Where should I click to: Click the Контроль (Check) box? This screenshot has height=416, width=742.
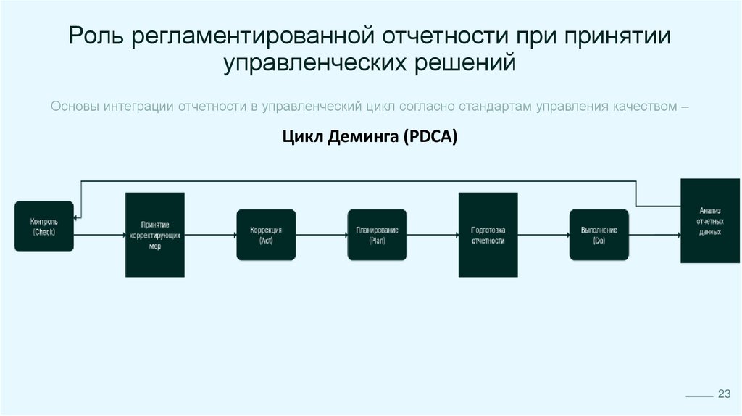point(43,227)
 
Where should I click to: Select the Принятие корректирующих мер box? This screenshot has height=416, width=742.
point(155,235)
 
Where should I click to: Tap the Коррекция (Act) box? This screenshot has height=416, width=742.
point(266,235)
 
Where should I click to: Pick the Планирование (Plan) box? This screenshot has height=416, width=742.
point(377,235)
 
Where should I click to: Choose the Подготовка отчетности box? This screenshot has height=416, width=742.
point(488,235)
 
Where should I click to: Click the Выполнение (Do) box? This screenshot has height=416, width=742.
point(599,235)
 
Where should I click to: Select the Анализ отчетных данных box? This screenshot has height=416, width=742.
point(710,220)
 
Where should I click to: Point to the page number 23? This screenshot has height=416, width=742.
point(723,394)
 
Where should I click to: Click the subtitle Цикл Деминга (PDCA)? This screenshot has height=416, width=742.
point(370,137)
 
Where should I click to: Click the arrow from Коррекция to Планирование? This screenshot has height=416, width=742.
point(321,235)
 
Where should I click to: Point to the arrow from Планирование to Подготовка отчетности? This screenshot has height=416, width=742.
point(433,235)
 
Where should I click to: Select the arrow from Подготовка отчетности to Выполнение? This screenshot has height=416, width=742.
point(543,235)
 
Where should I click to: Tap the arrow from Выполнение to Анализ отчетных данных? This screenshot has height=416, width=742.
point(654,235)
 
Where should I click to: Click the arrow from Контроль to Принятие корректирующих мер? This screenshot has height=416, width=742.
point(99,235)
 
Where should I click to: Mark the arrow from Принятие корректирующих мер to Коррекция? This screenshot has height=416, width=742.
point(210,235)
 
